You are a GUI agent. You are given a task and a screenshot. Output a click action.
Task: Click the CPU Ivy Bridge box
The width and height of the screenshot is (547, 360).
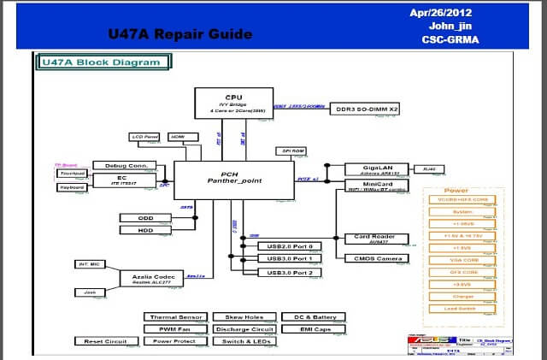tap(232, 102)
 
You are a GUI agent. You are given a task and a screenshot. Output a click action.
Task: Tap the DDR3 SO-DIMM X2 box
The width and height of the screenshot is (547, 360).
tap(366, 109)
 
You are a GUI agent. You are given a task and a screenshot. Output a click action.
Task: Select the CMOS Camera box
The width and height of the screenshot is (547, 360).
tap(373, 258)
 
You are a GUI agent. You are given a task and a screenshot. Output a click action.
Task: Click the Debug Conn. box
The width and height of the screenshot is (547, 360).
tap(126, 165)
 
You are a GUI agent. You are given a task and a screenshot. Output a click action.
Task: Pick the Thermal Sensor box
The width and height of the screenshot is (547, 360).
tap(174, 317)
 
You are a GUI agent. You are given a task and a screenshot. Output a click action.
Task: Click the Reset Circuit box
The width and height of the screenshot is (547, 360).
tap(106, 341)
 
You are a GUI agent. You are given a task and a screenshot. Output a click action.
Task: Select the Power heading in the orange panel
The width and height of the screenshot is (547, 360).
tap(456, 191)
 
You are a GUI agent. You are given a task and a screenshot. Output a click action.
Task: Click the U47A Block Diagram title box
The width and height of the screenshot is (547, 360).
tap(102, 62)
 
